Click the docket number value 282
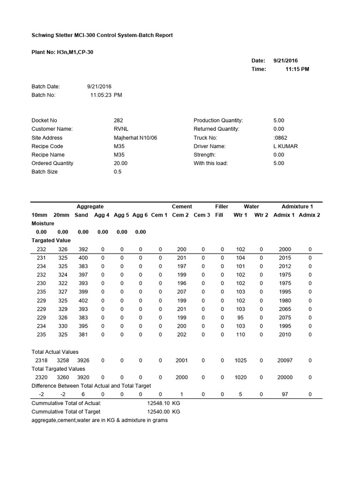[118, 120]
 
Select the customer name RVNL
[120, 129]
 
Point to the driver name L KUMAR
[285, 146]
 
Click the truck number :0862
[280, 138]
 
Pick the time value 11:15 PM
[297, 69]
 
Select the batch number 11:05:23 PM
[106, 95]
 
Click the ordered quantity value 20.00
[120, 163]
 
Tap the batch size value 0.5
[118, 172]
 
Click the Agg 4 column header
[102, 215]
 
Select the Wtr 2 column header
[261, 215]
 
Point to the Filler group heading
[222, 206]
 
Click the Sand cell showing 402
[83, 300]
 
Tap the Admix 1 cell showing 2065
[285, 309]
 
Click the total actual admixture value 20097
[285, 360]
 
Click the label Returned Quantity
[216, 129]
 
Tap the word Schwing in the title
[42, 35]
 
